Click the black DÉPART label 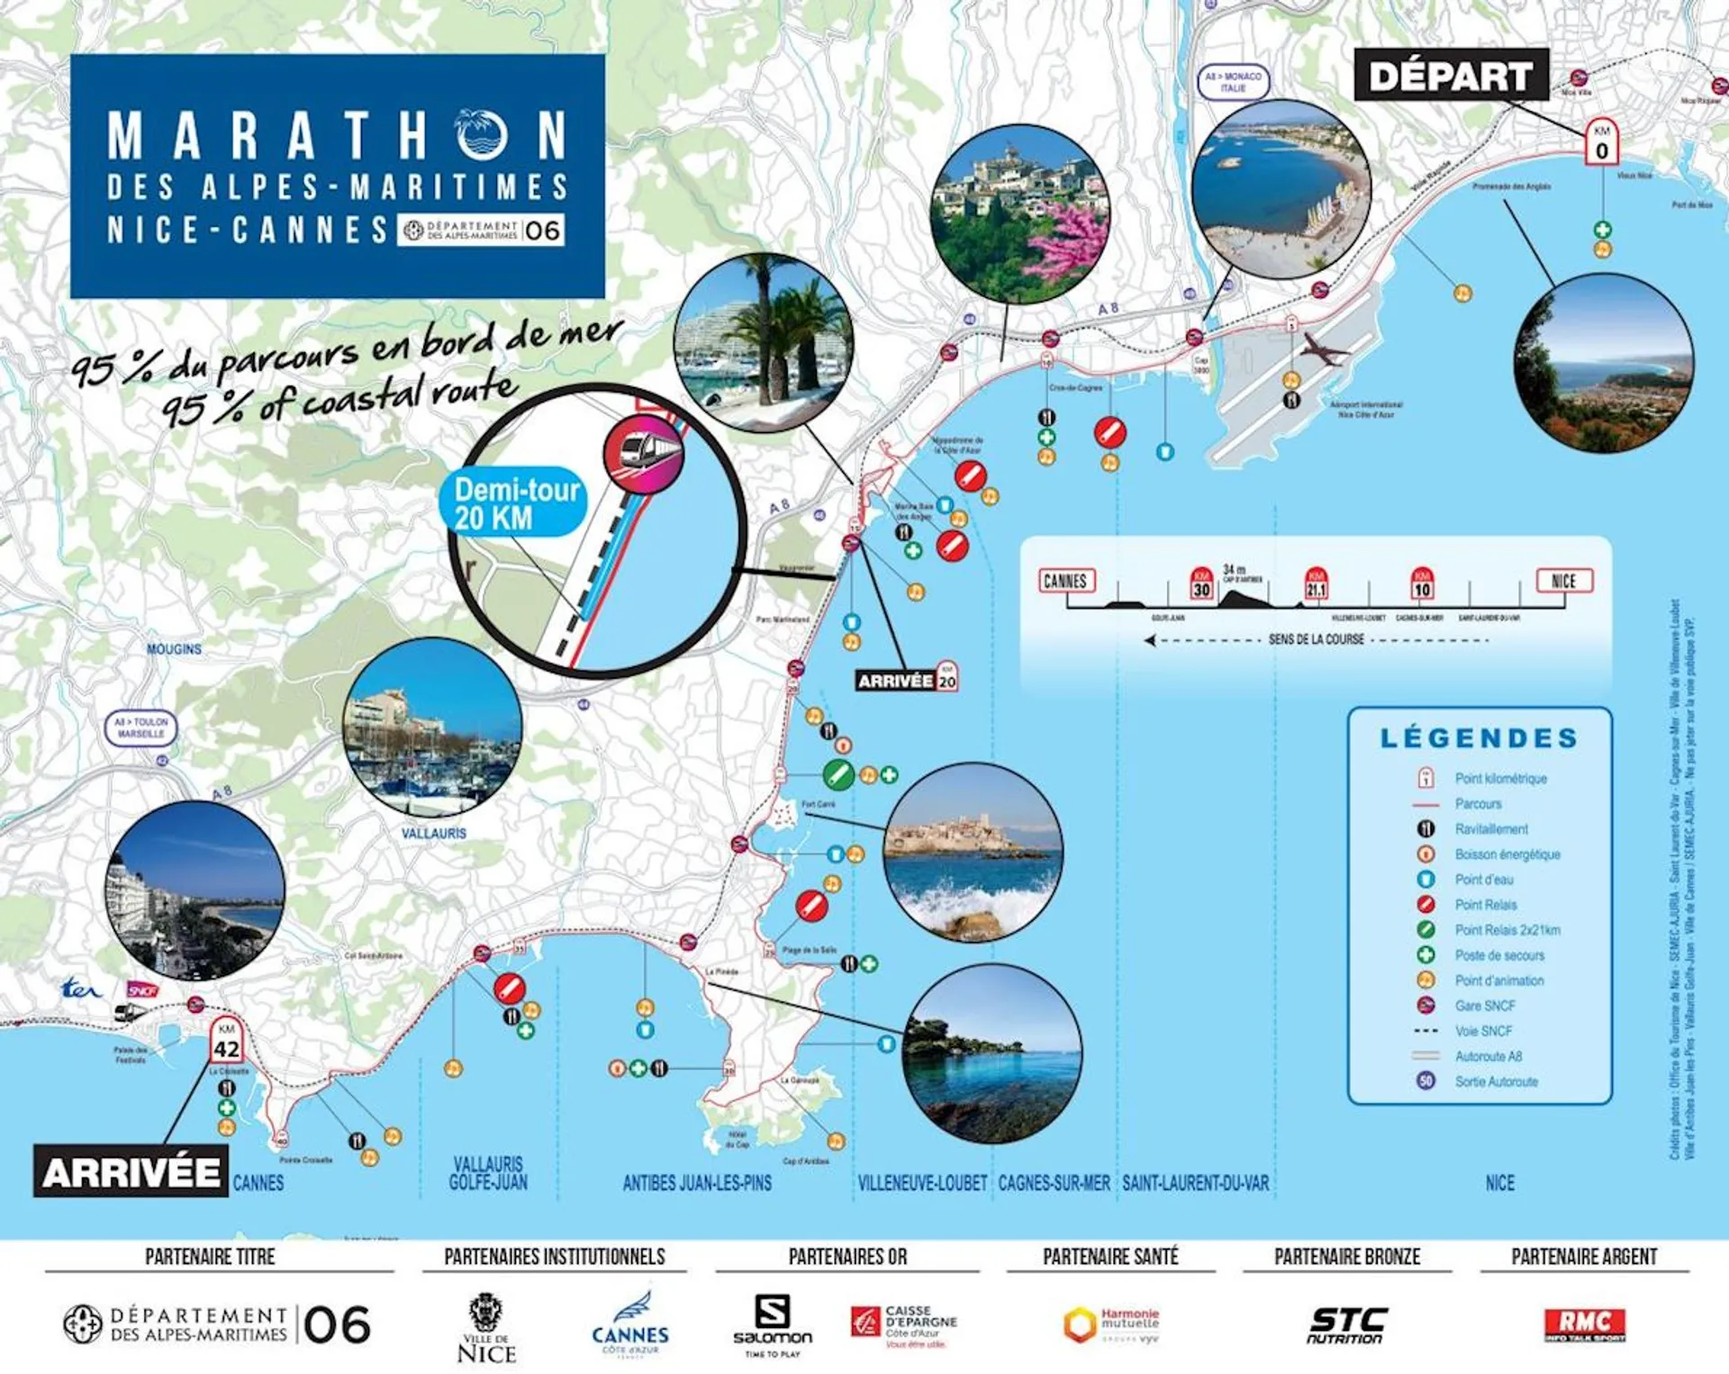[1451, 76]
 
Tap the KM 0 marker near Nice [1601, 142]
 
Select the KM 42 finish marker [226, 1041]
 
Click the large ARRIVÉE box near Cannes [131, 1171]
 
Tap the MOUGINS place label [174, 648]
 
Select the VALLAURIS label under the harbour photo [433, 834]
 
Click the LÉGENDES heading [1479, 738]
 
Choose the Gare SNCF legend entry [1484, 1006]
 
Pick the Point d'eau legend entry [1483, 880]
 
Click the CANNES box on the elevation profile [1065, 581]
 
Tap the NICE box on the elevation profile [1563, 581]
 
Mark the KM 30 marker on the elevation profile [1201, 585]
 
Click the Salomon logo [773, 1324]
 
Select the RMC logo [1584, 1324]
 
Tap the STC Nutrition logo [1346, 1324]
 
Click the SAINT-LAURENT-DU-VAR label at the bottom [1195, 1183]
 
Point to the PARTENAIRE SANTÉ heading [1110, 1256]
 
